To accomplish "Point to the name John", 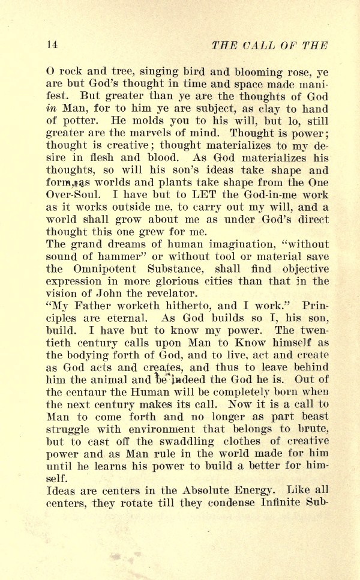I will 106,294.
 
